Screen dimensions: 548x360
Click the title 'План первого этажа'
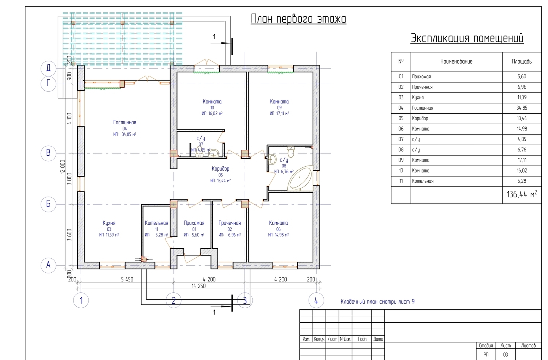298,19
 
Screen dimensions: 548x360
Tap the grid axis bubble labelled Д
48,68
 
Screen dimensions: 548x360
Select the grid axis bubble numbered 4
316,300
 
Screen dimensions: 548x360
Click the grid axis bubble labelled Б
48,204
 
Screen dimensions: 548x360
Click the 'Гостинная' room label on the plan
125,122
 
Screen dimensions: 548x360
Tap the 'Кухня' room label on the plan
109,223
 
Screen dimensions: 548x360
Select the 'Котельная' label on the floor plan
156,223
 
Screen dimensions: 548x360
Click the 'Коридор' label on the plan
220,169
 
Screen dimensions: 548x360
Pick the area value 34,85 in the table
522,108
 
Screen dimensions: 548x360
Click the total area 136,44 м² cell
522,195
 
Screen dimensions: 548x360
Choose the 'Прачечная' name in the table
422,87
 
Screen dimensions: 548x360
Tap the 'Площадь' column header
522,61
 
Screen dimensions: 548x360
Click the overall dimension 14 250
198,286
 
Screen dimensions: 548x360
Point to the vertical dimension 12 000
63,167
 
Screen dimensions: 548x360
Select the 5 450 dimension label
127,279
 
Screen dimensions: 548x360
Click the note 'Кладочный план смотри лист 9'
377,302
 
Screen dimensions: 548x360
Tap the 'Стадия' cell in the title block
486,346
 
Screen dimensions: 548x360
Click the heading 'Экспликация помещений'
467,38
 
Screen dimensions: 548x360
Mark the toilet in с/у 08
291,152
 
